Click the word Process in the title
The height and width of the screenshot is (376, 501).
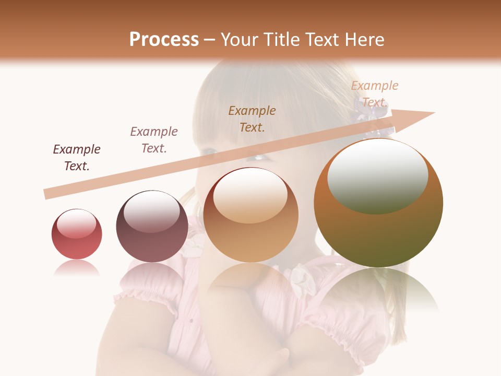coord(164,40)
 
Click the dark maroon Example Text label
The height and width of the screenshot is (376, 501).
coord(77,158)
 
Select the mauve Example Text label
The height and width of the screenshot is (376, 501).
coord(154,140)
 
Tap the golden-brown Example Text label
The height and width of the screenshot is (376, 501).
coord(252,119)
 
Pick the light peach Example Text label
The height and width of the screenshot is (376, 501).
coord(375,93)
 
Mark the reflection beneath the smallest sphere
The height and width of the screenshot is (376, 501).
coord(77,268)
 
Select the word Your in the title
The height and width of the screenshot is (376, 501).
coord(237,40)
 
